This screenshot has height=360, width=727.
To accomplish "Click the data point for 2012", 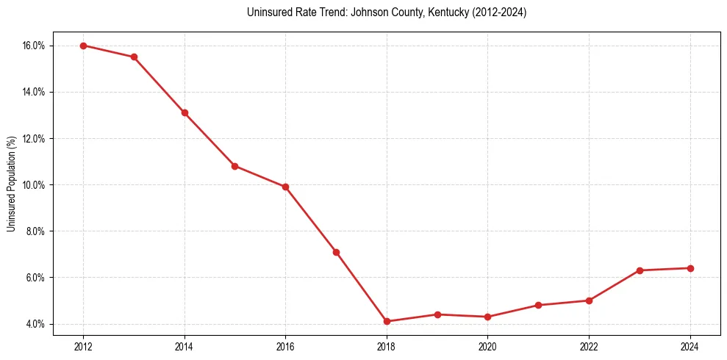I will coord(83,46).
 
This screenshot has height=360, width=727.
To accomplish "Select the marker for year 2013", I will coord(134,57).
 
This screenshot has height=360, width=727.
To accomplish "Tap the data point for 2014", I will coord(185,112).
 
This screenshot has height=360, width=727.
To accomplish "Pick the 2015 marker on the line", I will coord(234,166).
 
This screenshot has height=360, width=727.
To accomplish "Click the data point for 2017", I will coord(336,252).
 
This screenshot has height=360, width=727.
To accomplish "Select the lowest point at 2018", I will coord(387,321).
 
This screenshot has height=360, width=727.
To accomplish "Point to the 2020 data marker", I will coord(487,317).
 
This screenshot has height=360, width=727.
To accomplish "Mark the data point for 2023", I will coord(640,270).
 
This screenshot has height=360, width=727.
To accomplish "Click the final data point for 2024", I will coord(690,268).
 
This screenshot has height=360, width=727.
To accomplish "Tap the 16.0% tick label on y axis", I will coord(34,46).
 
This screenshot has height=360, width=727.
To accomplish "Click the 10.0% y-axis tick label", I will coord(34,185).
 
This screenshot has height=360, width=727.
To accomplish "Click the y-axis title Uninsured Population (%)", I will coord(11,184).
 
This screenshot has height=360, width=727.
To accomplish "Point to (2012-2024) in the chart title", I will coord(495,12).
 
